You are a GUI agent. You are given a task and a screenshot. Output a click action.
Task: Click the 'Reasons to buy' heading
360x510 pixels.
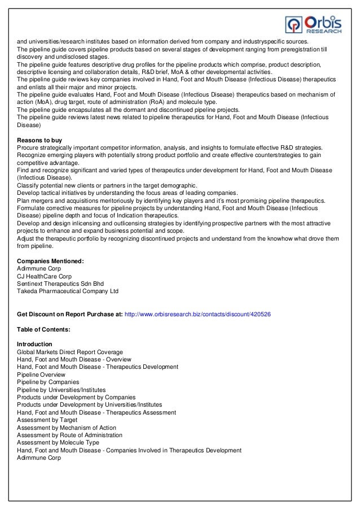[39, 140]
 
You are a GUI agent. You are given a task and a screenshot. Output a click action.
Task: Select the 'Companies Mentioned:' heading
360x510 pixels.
[50, 261]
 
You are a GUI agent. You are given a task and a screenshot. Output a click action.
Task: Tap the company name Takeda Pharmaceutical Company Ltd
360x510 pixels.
[68, 291]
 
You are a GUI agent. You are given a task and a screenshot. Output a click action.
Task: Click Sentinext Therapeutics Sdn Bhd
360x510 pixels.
[60, 284]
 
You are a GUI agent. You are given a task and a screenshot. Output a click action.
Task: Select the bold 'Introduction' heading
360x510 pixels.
[34, 344]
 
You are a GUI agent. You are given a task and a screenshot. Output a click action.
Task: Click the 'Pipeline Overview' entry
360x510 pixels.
[41, 374]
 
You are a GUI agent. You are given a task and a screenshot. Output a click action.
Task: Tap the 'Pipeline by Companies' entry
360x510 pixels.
[48, 382]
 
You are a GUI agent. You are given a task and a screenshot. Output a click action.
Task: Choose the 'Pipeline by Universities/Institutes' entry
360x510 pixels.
[61, 390]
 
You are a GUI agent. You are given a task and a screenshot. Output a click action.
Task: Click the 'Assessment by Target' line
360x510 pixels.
[47, 420]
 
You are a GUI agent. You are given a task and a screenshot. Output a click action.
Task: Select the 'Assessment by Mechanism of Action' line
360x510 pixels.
[66, 428]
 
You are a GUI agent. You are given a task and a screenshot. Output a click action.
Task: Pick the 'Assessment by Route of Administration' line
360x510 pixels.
[69, 435]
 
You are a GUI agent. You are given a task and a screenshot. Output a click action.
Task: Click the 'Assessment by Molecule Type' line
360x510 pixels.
[58, 443]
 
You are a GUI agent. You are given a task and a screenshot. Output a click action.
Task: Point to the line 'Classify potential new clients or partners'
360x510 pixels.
[107, 185]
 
